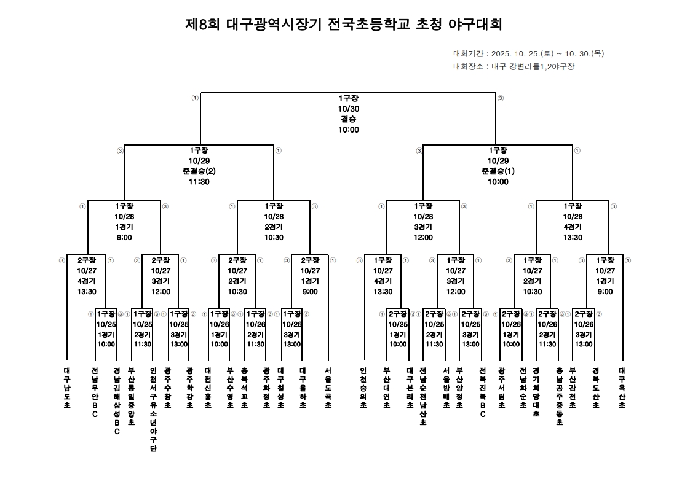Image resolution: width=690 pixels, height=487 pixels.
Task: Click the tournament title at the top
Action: click(x=344, y=25)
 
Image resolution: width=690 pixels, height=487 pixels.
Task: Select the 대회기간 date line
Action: click(x=528, y=53)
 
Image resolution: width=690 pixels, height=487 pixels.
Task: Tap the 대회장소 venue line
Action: click(x=514, y=66)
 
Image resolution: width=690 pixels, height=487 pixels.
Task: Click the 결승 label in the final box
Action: click(x=348, y=119)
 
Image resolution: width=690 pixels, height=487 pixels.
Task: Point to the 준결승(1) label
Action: click(x=498, y=171)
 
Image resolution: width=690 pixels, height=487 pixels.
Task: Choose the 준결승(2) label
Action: click(x=199, y=171)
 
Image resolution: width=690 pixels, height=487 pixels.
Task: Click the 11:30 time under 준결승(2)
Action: click(x=199, y=182)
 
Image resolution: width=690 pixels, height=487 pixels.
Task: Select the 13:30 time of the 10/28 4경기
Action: click(x=573, y=238)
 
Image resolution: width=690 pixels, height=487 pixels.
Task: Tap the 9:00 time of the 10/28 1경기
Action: click(x=124, y=238)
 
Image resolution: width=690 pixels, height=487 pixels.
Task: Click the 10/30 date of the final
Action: click(x=348, y=108)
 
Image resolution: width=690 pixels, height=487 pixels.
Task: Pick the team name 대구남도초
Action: click(x=67, y=388)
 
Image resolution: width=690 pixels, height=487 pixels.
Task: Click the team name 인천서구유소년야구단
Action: click(x=153, y=410)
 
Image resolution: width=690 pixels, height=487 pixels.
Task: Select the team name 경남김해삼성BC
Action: click(x=117, y=401)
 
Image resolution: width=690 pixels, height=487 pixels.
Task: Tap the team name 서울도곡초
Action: click(x=328, y=388)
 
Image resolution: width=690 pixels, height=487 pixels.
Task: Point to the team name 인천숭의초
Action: click(x=363, y=388)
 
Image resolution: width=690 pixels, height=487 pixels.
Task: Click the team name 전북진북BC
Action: click(x=483, y=392)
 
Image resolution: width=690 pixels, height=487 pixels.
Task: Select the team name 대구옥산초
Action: click(x=622, y=388)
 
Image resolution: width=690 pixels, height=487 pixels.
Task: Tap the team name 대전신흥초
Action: click(x=208, y=388)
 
